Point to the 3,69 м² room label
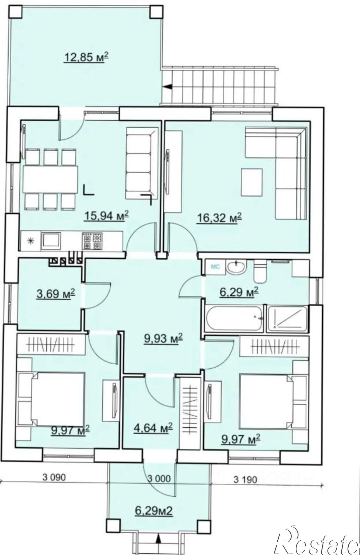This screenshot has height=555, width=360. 56,294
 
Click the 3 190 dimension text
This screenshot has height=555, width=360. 245,479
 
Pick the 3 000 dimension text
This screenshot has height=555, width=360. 159,478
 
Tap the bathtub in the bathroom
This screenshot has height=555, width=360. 234,318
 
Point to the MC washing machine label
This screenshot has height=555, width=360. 216,267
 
